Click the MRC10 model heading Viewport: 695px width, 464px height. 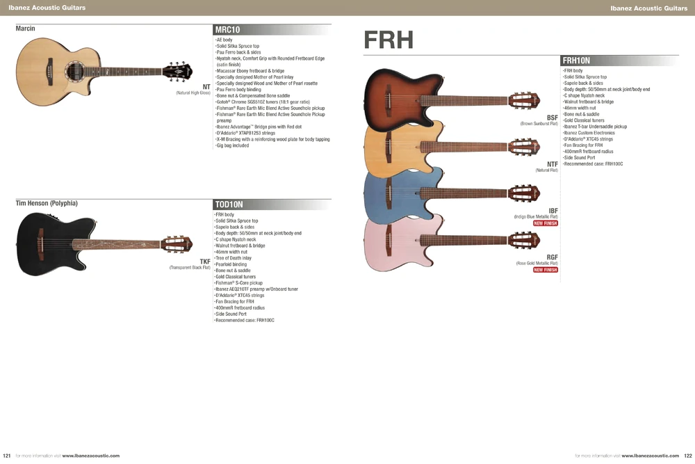[x=227, y=30]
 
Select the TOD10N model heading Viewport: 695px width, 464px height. [x=229, y=205]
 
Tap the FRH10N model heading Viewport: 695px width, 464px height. [x=576, y=61]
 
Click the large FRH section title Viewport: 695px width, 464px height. [x=389, y=40]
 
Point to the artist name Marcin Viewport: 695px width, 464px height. [x=25, y=29]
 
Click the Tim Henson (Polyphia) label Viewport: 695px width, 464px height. [x=47, y=203]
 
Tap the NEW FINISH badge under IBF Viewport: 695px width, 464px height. [x=545, y=223]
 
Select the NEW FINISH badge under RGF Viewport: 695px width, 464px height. [x=545, y=270]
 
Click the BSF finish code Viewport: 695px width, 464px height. [x=553, y=118]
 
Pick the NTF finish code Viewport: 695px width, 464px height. [x=553, y=164]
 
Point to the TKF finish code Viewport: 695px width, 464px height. [x=205, y=262]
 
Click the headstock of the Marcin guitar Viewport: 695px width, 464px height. [x=177, y=71]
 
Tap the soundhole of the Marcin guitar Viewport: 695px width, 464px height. [x=74, y=72]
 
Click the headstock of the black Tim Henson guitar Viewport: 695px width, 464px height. [x=177, y=244]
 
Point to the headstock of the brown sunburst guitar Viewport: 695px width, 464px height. [x=524, y=101]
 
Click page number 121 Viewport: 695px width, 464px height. [x=7, y=456]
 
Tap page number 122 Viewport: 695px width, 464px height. [x=688, y=456]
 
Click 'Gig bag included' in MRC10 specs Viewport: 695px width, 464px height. [x=232, y=145]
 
